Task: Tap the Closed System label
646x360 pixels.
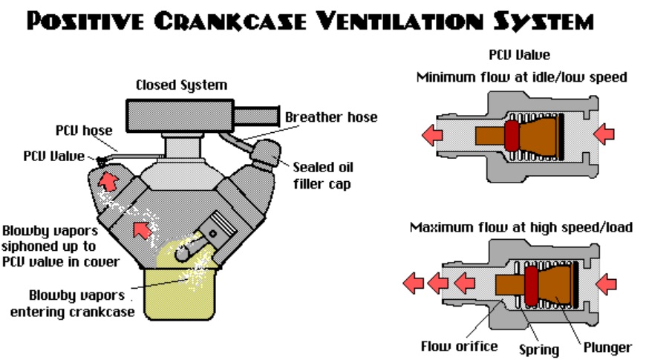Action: click(181, 85)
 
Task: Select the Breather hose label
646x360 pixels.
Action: click(331, 117)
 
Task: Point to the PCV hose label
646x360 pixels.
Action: click(83, 131)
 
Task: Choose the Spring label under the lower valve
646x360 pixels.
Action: click(539, 348)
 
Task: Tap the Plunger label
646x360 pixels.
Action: click(607, 347)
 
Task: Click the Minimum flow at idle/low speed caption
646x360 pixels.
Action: click(521, 76)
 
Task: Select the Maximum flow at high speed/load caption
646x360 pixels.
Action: click(521, 227)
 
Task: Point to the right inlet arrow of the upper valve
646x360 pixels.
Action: click(605, 133)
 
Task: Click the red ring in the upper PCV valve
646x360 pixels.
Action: click(512, 134)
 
